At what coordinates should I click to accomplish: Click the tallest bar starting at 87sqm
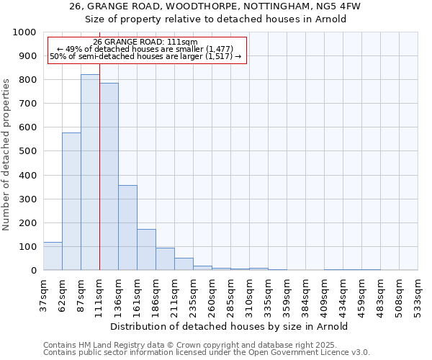pyautogui.click(x=90, y=173)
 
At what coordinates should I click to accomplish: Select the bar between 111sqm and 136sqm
pyautogui.click(x=109, y=176)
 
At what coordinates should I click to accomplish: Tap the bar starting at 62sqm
pyautogui.click(x=71, y=202)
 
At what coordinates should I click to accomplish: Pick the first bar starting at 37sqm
pyautogui.click(x=53, y=256)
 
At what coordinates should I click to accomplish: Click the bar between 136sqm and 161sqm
pyautogui.click(x=127, y=228)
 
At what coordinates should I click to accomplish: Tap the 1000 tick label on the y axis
pyautogui.click(x=24, y=32)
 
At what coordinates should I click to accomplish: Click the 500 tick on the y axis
pyautogui.click(x=27, y=151)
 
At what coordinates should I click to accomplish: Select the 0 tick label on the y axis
pyautogui.click(x=33, y=271)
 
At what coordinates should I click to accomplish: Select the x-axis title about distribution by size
pyautogui.click(x=230, y=326)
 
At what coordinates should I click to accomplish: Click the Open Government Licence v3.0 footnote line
pyautogui.click(x=207, y=353)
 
